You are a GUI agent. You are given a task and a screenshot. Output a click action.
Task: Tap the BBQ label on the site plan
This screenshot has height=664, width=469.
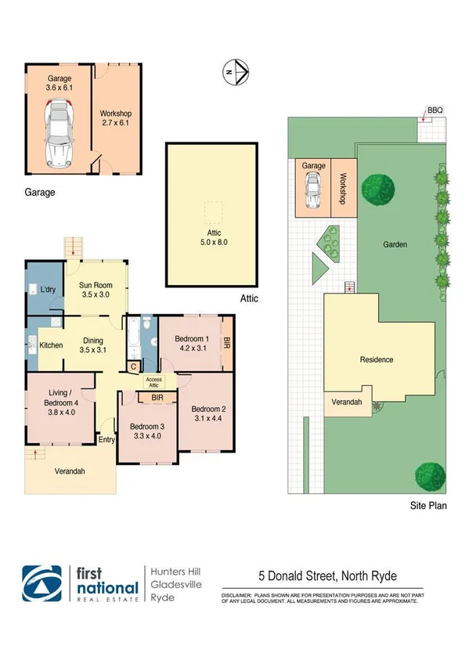434,111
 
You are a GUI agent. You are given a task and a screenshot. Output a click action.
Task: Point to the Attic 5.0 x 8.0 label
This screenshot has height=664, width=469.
211,236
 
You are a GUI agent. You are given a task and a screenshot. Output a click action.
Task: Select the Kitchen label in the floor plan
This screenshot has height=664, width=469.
51,345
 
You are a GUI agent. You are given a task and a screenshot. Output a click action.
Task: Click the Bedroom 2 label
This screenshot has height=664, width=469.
208,413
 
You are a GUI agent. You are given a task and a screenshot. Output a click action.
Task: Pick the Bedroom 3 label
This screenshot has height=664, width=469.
148,431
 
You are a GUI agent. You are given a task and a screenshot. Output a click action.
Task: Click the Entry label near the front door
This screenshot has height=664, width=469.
106,440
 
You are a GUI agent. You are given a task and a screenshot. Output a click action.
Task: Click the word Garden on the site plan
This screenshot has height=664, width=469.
395,244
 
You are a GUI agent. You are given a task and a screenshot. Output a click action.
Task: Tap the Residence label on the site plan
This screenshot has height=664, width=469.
376,360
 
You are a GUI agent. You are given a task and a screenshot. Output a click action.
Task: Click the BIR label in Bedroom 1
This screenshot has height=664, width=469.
227,342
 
